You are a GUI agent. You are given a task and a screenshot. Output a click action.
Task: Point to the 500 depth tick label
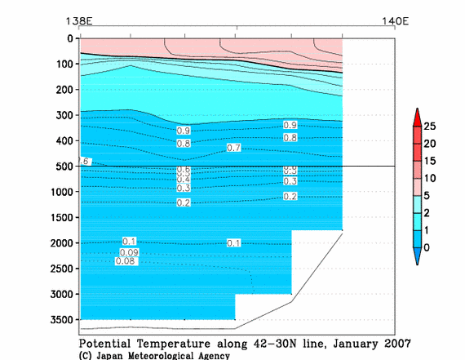(x=63, y=167)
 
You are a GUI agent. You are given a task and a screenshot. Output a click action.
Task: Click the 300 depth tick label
(x=63, y=116)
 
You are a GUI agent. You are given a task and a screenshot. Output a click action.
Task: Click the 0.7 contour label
(x=234, y=149)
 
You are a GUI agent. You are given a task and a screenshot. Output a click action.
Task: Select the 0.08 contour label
(x=125, y=262)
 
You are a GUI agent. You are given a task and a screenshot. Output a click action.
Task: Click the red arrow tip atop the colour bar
(x=417, y=112)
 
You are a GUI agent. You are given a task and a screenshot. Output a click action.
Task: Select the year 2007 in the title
(x=394, y=343)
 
